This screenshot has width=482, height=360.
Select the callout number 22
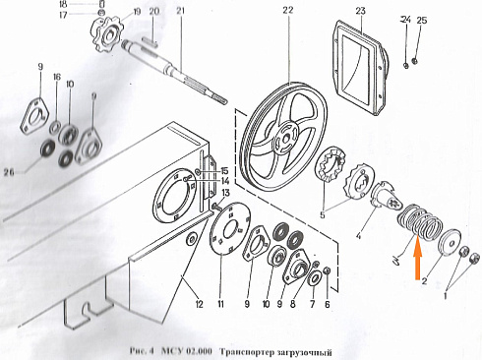[286, 11]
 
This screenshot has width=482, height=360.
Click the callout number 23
[360, 11]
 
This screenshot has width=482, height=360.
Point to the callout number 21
[180, 11]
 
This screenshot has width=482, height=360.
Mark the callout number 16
[57, 78]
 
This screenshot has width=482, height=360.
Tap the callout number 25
[422, 21]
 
